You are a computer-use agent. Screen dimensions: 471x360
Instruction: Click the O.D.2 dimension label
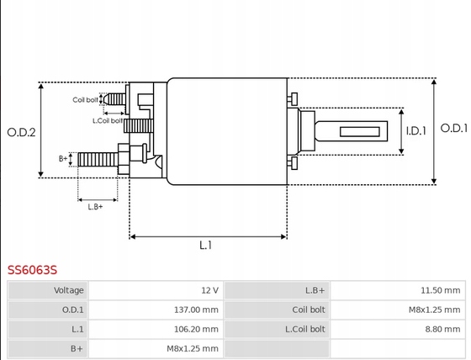tap(21, 132)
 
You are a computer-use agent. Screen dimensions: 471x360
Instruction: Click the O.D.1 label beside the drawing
tap(454, 129)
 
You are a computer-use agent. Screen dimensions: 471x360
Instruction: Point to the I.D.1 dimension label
tap(416, 131)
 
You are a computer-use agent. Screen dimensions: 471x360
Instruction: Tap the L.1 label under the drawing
tap(206, 246)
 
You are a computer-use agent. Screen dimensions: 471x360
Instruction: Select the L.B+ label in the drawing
tap(95, 207)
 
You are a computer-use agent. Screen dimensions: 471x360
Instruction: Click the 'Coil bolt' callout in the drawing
tap(85, 100)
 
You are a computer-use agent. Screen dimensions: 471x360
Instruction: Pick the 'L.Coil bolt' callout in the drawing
tap(108, 121)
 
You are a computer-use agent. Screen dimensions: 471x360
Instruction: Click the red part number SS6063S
tap(32, 270)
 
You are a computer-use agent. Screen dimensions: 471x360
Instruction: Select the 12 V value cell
tap(156, 290)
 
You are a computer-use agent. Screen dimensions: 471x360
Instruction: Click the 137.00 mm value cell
tap(156, 310)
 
